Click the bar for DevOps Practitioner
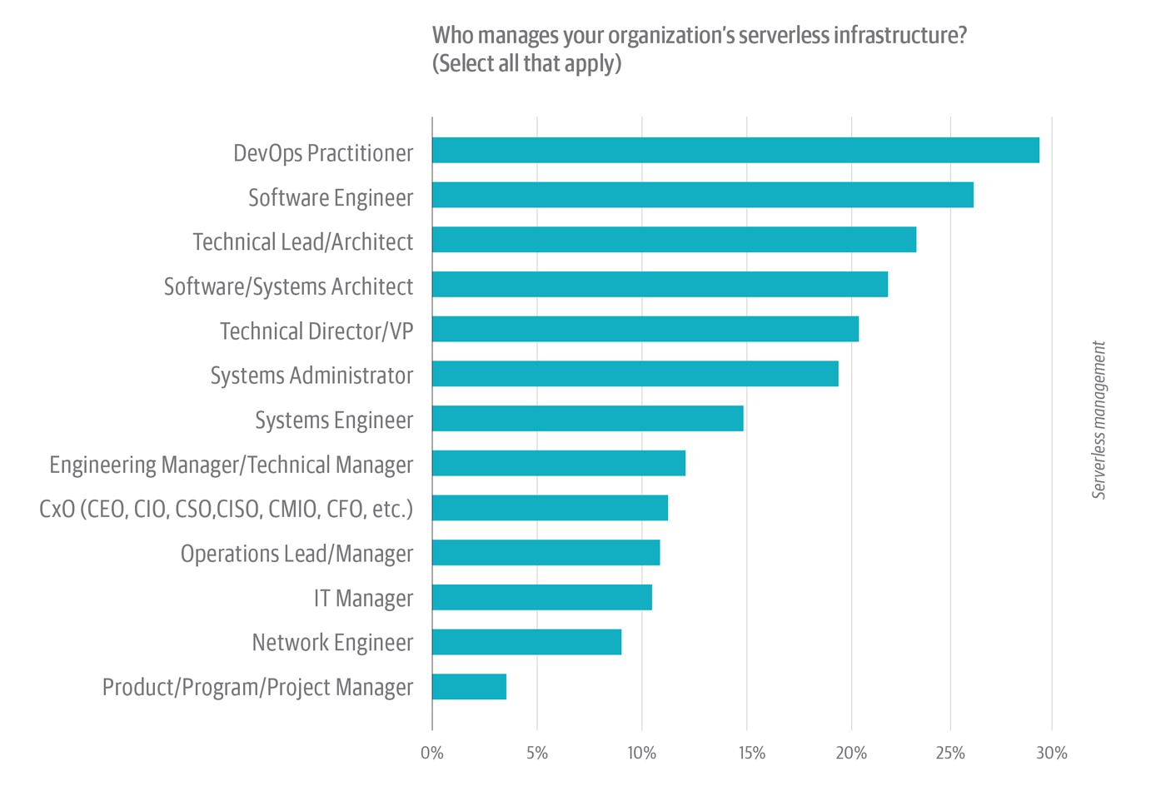735,151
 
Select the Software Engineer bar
703,195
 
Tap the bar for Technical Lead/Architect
674,240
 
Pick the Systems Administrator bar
635,374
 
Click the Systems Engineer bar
587,419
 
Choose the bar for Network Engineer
526,642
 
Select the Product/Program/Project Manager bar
469,687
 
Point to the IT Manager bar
541,597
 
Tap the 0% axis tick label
432,754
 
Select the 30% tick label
1051,754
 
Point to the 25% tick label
950,754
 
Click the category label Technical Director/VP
316,331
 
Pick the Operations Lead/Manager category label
296,554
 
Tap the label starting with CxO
226,509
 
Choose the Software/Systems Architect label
288,286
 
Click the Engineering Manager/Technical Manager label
231,465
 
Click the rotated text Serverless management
1099,420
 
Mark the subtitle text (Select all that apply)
526,63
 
